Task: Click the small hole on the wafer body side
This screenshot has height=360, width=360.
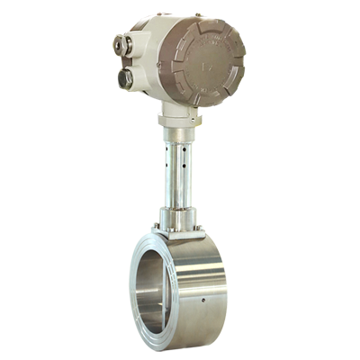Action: [207, 293]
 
